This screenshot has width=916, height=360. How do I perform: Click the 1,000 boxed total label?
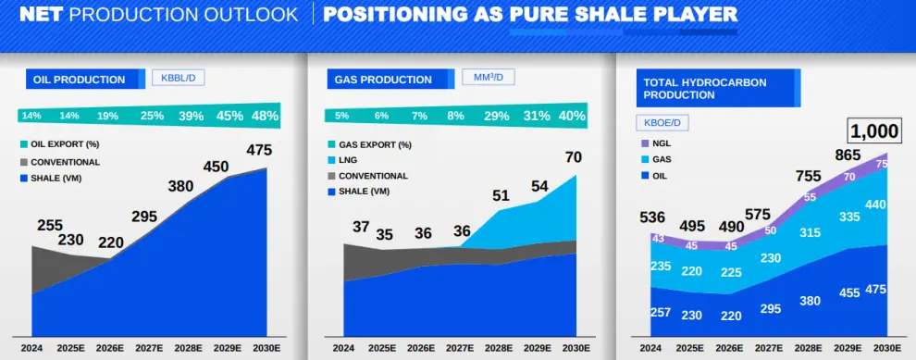[874, 131]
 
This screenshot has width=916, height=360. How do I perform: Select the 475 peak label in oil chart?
[259, 150]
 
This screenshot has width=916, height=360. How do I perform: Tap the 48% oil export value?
[266, 116]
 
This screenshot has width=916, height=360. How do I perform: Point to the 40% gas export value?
[572, 116]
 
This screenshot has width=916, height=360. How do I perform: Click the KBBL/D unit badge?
[179, 78]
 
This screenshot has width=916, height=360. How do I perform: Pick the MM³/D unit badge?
[489, 77]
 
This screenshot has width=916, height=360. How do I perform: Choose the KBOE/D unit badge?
[662, 123]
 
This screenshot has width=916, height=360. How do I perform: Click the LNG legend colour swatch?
[331, 159]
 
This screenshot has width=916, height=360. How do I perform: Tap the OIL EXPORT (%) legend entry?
[56, 144]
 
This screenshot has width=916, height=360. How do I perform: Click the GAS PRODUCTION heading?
[383, 80]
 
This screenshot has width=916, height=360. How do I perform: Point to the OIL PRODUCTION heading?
[79, 80]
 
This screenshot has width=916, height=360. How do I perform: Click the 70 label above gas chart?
[575, 157]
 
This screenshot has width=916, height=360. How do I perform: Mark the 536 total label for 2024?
[652, 217]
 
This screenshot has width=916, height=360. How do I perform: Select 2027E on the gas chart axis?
[462, 348]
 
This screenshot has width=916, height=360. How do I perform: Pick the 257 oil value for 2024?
[661, 312]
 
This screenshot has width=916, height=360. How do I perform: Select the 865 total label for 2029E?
[848, 155]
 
